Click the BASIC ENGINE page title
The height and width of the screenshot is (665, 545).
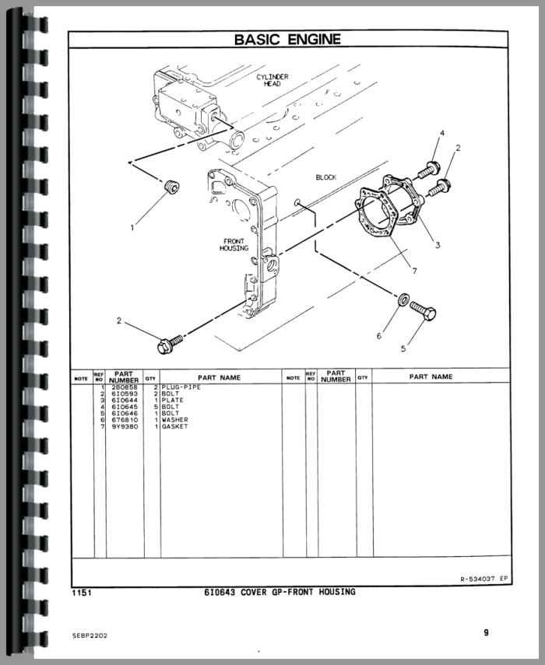(x=287, y=40)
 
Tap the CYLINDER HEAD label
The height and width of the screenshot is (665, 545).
(x=272, y=80)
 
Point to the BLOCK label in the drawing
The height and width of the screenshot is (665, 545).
(x=326, y=177)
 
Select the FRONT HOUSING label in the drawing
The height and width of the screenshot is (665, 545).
(x=234, y=245)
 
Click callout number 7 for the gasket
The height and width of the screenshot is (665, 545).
(x=414, y=271)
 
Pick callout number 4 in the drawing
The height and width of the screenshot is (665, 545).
(x=442, y=133)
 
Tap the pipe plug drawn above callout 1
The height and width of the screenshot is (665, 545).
(x=171, y=187)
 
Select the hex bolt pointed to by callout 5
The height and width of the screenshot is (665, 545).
(x=423, y=311)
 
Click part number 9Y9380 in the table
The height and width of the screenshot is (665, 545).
(x=125, y=426)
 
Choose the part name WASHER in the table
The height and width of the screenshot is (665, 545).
(x=175, y=420)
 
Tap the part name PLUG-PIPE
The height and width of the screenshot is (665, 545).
(x=181, y=387)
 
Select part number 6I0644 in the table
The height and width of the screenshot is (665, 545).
(x=125, y=401)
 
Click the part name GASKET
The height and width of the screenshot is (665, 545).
(x=174, y=426)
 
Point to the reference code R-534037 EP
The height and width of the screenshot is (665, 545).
(x=483, y=579)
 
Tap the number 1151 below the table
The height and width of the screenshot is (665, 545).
(x=82, y=593)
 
